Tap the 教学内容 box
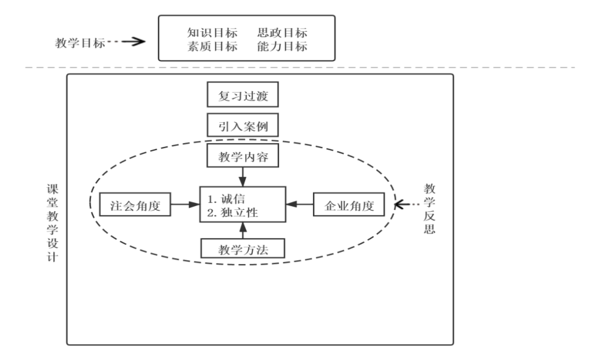coord(243,157)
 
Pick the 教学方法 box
coord(243,249)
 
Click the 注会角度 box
coord(135,204)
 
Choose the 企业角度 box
coord(348,204)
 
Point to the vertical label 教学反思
coord(429,208)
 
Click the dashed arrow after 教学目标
coord(129,42)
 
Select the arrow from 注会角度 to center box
coord(185,204)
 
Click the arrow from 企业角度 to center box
coord(299,204)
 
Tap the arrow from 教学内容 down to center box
coord(242,177)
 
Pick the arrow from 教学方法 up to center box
coord(242,231)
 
